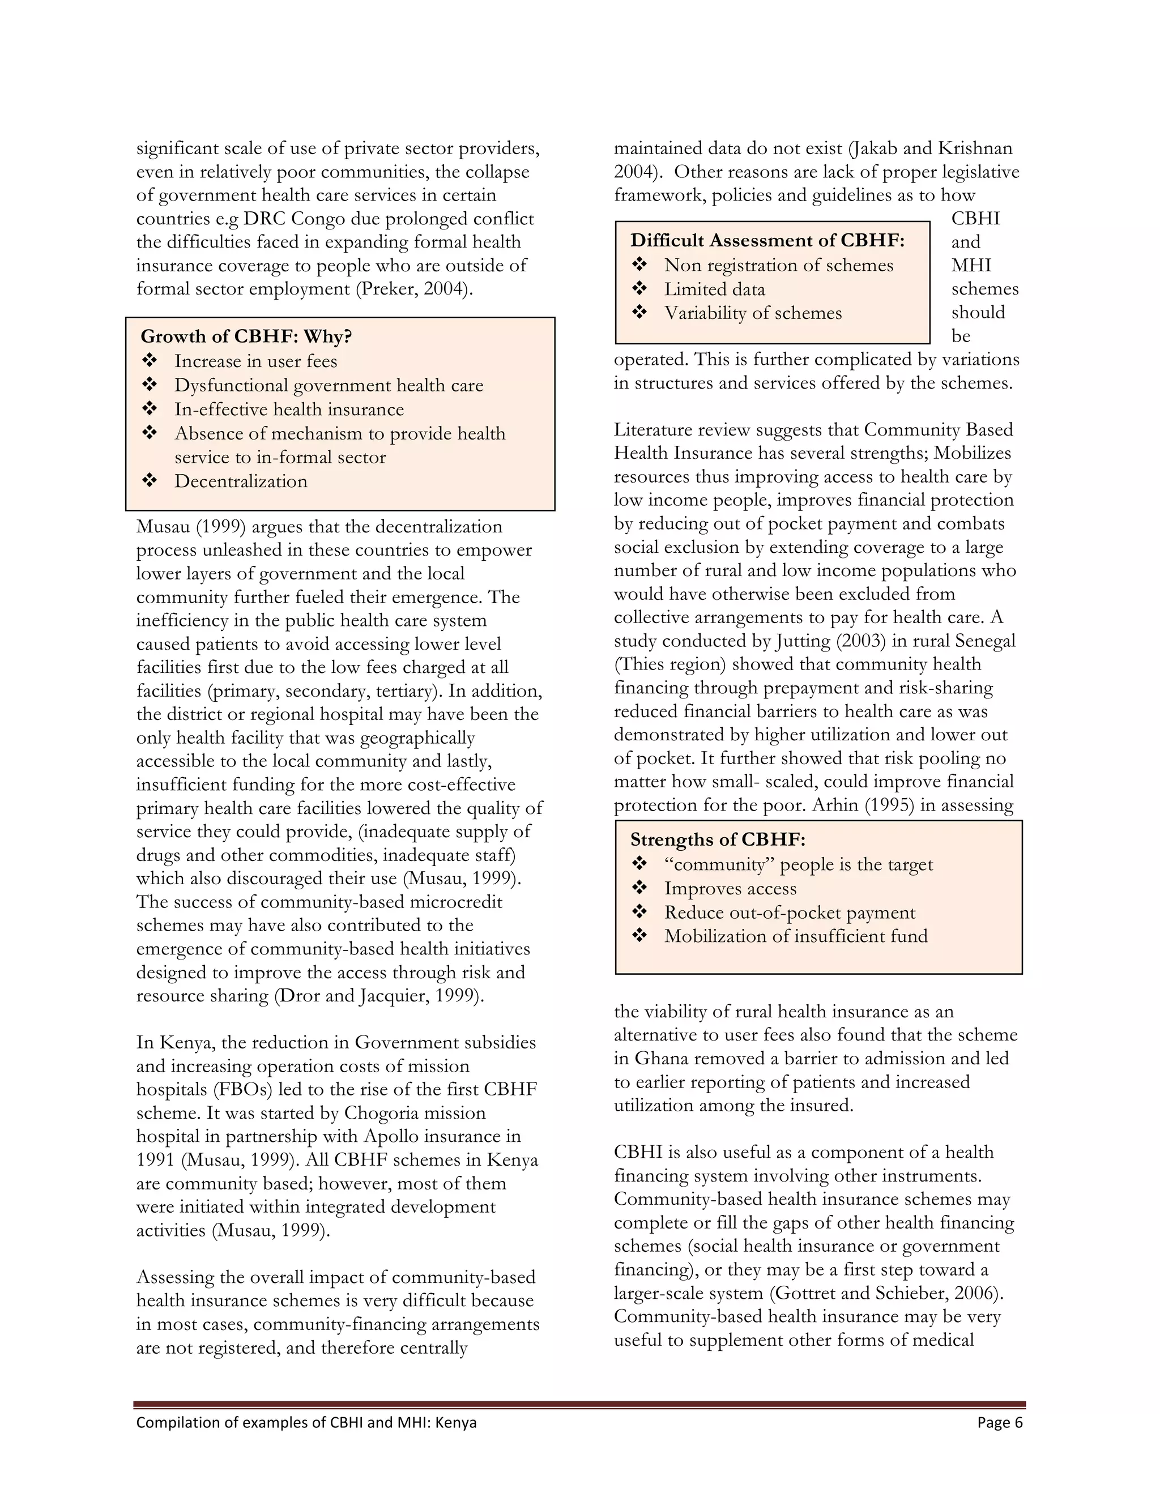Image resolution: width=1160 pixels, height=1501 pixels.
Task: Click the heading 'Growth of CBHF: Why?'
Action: pyautogui.click(x=246, y=337)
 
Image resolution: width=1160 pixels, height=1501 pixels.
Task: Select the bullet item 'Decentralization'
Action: pyautogui.click(x=241, y=481)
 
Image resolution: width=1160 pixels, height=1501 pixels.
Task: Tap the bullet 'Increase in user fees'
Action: pyautogui.click(x=255, y=361)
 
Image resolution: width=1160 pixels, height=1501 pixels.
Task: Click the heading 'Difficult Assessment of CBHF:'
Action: pyautogui.click(x=767, y=241)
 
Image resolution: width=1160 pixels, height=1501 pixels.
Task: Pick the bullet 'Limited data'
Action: pyautogui.click(x=714, y=289)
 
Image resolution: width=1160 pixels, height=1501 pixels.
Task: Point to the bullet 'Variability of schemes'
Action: pyautogui.click(x=753, y=313)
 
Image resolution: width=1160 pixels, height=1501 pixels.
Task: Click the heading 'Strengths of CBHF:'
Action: pyautogui.click(x=718, y=840)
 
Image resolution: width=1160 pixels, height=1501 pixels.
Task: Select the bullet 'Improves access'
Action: pyautogui.click(x=730, y=889)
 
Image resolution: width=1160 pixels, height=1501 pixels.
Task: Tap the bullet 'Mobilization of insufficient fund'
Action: pyautogui.click(x=795, y=937)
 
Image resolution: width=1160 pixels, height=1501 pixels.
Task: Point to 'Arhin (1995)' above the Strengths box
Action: pyautogui.click(x=863, y=805)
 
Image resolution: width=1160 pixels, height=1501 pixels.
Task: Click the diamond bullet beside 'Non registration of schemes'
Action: pyautogui.click(x=639, y=265)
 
